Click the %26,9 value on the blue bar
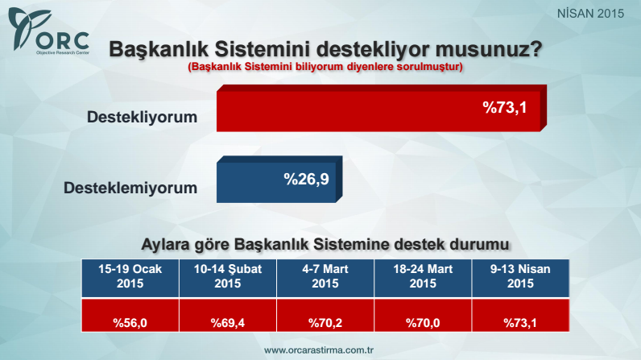pyautogui.click(x=305, y=177)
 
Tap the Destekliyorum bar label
pyautogui.click(x=142, y=118)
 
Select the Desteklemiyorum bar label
pyautogui.click(x=130, y=188)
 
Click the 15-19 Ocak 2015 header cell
pyautogui.click(x=130, y=276)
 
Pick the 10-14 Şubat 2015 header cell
pyautogui.click(x=228, y=276)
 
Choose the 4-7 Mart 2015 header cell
pyautogui.click(x=325, y=276)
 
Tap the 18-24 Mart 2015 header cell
pyautogui.click(x=423, y=276)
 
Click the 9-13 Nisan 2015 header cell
pyautogui.click(x=519, y=276)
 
